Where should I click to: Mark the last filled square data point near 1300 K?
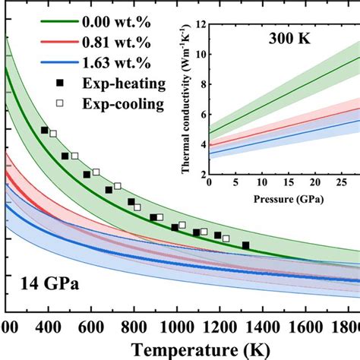(245, 245)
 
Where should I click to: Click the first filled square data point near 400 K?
(45, 130)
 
